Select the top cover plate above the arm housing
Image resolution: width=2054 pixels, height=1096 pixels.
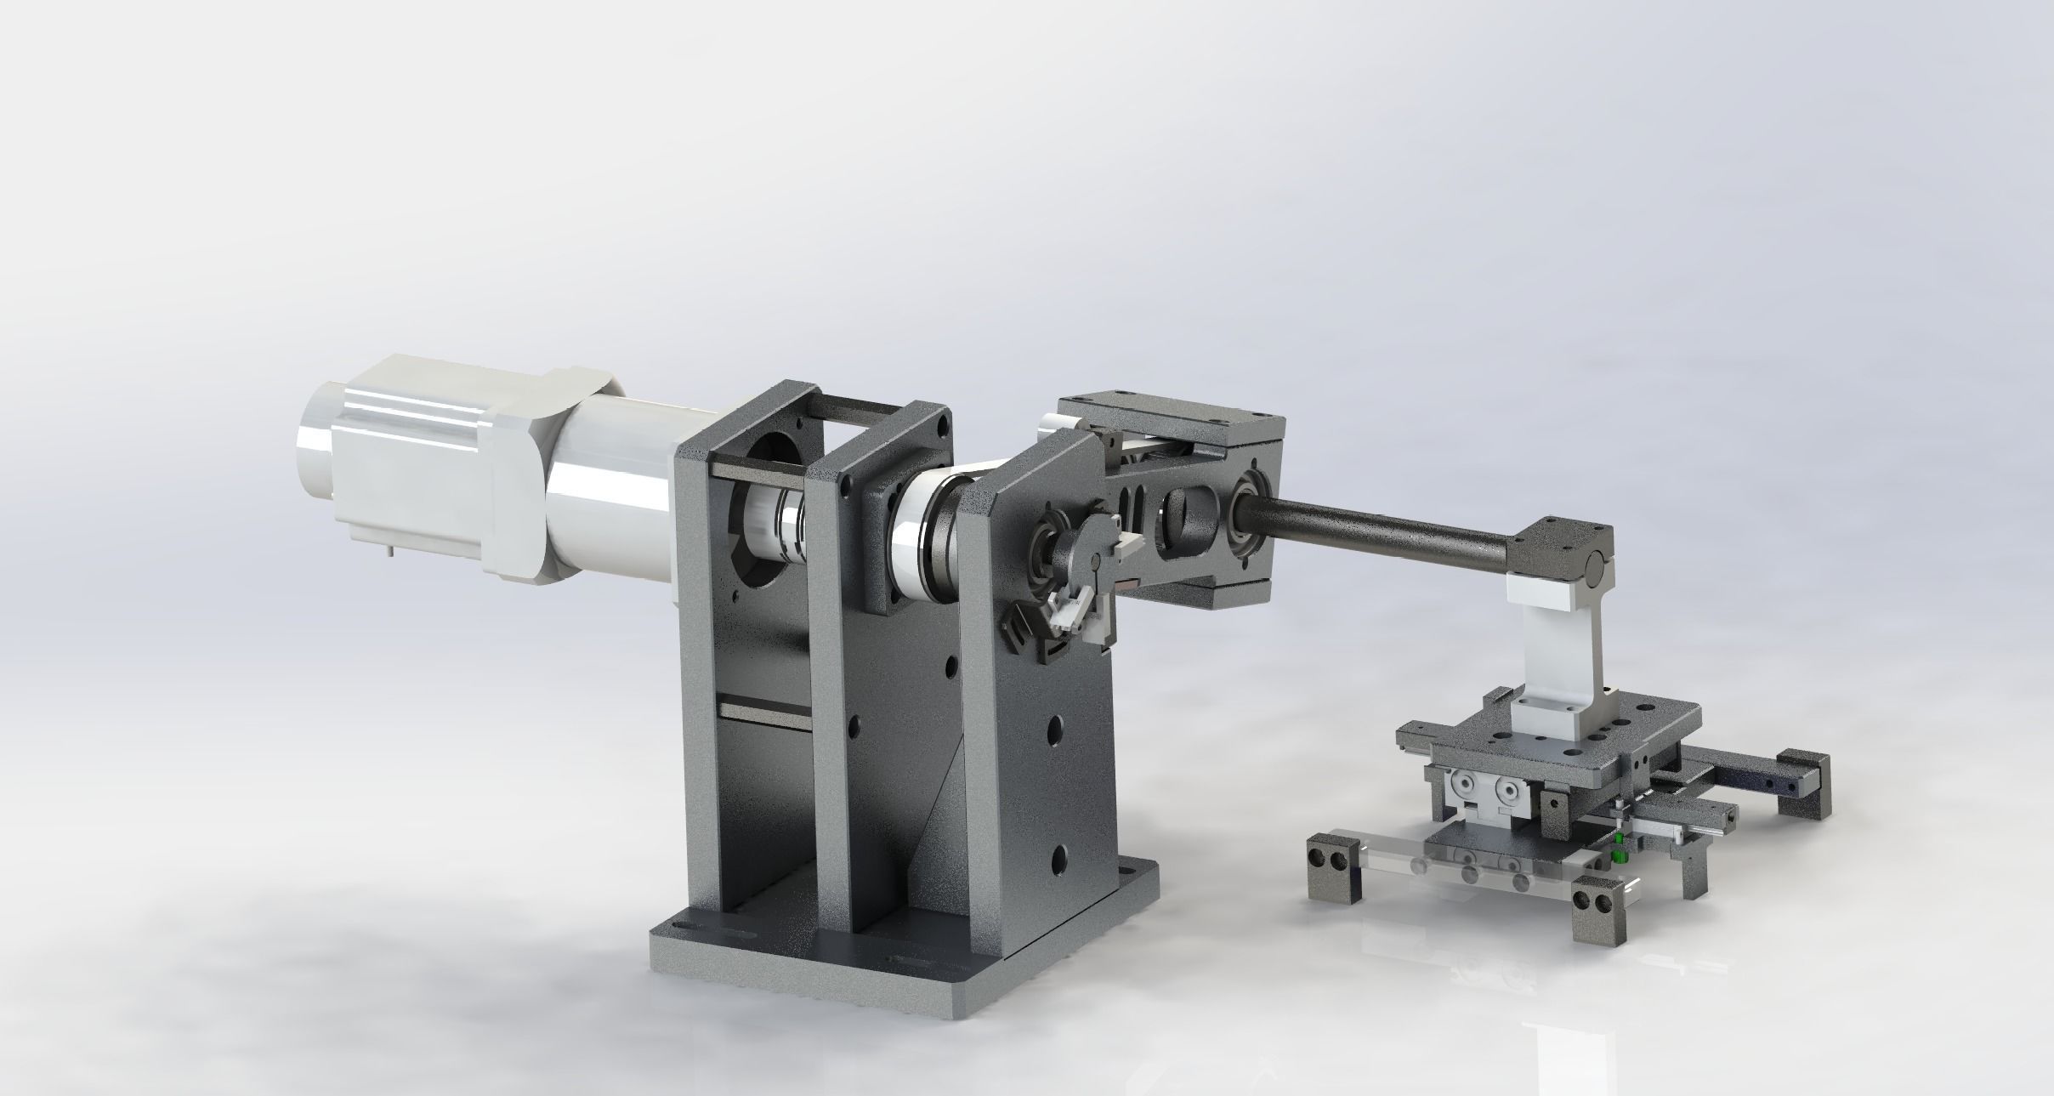1173,417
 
